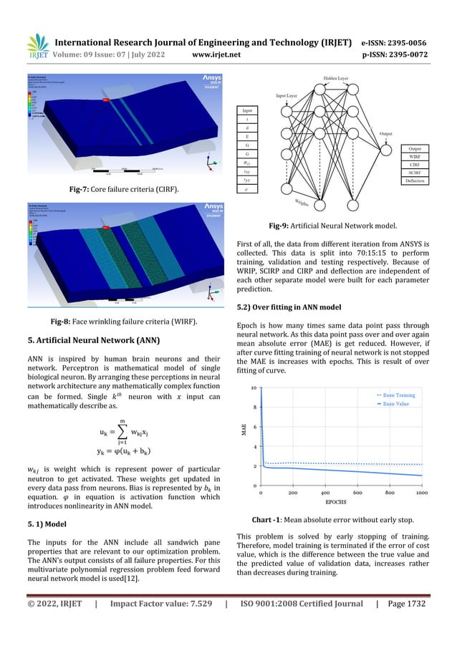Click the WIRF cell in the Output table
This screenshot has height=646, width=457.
(x=414, y=155)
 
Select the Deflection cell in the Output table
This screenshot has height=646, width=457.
(x=414, y=181)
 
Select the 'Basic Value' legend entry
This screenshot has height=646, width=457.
(x=398, y=404)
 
